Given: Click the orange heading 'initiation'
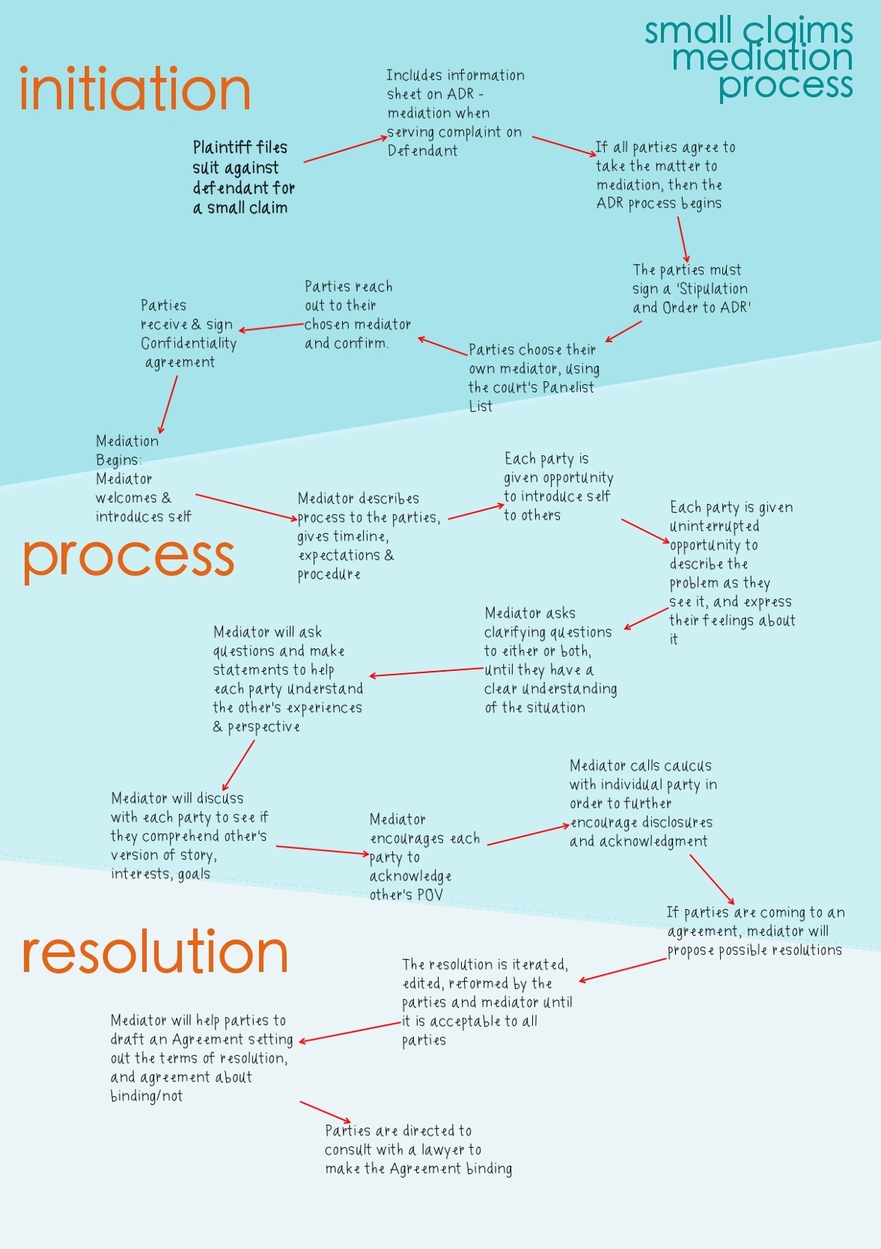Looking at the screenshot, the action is pos(135,88).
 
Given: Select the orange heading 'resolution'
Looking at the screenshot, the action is pos(155,951).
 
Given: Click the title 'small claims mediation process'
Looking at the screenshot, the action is pos(749,58).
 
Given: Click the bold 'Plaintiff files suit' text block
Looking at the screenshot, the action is pos(243,177).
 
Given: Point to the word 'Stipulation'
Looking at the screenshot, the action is pos(713,289).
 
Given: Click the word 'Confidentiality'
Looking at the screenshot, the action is pos(189,343).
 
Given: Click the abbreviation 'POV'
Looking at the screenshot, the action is pos(430,895).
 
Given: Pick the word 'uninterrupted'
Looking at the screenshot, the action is pos(714,526).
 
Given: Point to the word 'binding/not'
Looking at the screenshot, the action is pos(147,1096).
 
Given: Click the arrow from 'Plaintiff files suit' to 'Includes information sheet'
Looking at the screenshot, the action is pos(346,149).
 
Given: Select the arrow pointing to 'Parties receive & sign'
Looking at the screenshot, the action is pos(272,327).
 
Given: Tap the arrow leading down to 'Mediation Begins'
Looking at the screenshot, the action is pos(168,405).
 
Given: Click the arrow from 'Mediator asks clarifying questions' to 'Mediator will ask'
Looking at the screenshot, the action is pos(427,672).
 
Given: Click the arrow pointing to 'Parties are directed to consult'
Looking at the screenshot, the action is pos(326,1112).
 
